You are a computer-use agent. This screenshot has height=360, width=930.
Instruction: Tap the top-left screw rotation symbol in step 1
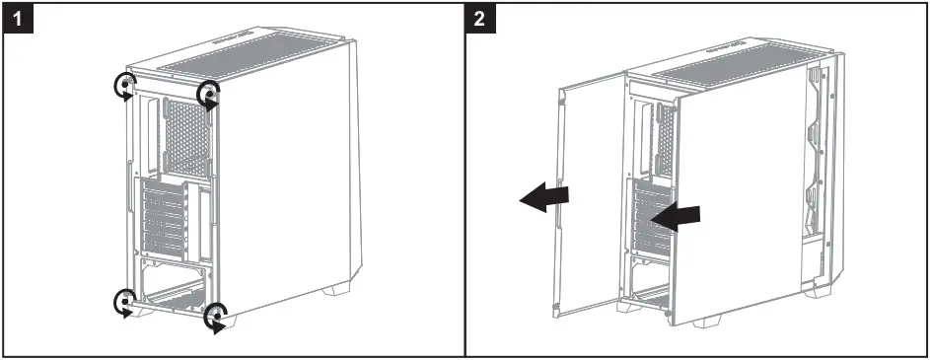click(x=124, y=87)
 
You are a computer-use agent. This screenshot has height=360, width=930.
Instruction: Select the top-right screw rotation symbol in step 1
click(x=209, y=95)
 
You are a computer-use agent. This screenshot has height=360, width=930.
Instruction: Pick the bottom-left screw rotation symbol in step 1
click(x=125, y=300)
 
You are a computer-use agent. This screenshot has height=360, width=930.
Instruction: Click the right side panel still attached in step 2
click(x=740, y=197)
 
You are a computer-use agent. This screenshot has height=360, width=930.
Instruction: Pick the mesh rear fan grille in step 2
click(x=666, y=133)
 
